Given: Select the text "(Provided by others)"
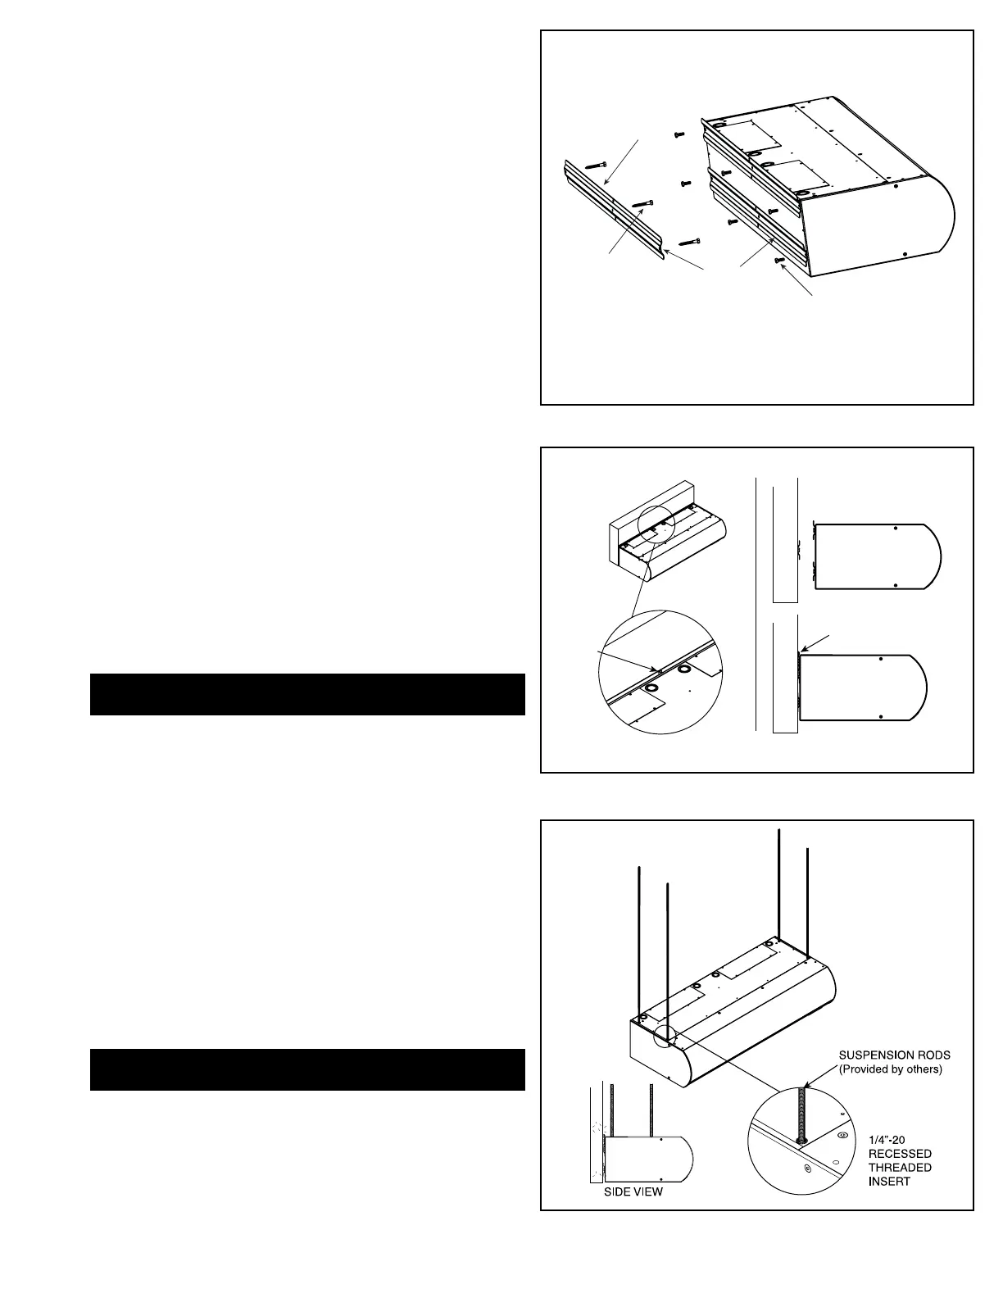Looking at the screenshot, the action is coord(891,1069).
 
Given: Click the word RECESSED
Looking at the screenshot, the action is coord(900,1153).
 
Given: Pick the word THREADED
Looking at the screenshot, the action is coord(900,1167).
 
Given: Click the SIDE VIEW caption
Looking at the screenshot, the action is coord(633,1191).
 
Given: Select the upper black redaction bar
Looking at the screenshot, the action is coord(307,694).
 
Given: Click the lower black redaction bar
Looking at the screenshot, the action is coord(307,1069).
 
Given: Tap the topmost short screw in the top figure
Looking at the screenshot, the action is coord(679,134).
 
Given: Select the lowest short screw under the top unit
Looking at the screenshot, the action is coord(779,261).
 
